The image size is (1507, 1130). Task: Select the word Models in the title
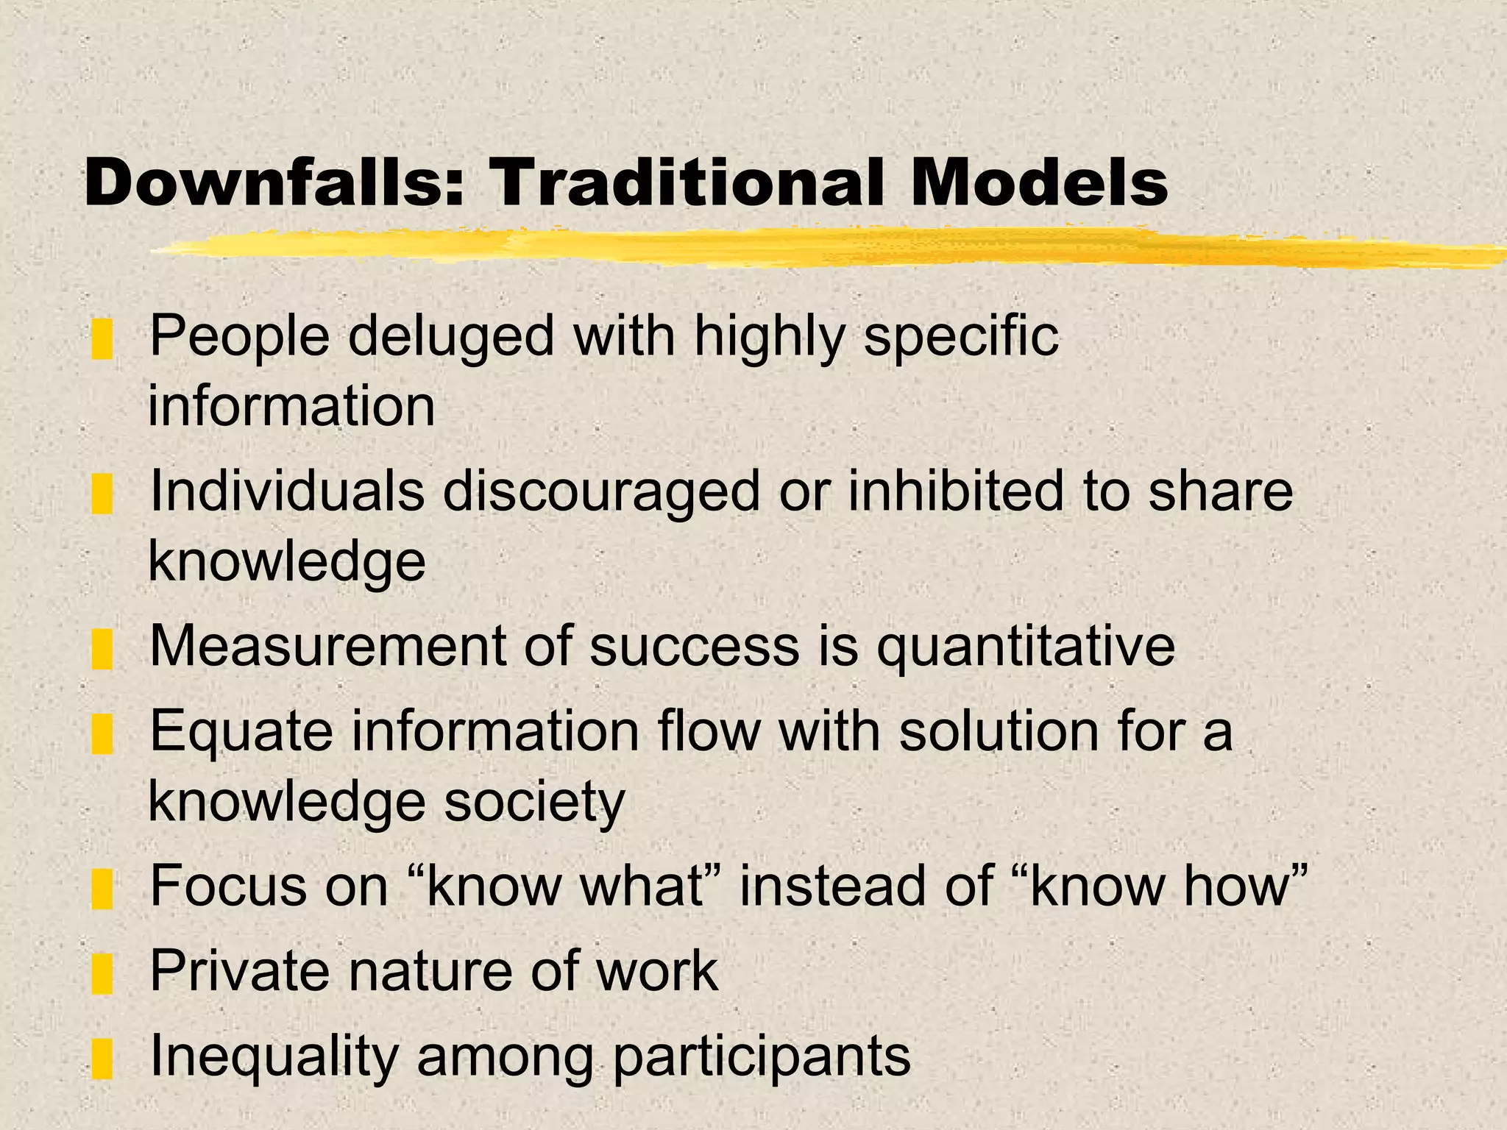click(x=1038, y=183)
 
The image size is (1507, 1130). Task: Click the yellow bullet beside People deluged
click(x=102, y=340)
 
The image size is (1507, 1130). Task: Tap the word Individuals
click(x=287, y=491)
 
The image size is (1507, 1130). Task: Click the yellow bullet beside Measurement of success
click(x=102, y=649)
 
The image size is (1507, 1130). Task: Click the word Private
click(x=239, y=972)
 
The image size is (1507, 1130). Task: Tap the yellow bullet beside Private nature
click(x=102, y=974)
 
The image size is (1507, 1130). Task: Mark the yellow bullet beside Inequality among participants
click(x=102, y=1059)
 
